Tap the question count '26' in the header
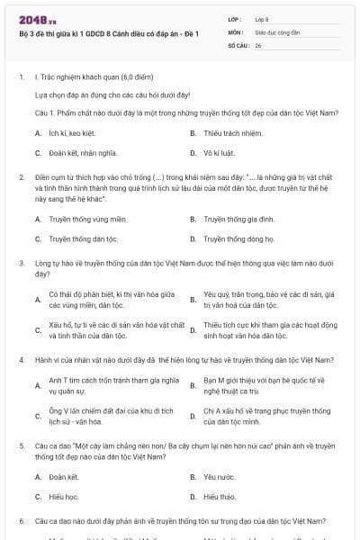click(258, 43)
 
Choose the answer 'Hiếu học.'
click(64, 497)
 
